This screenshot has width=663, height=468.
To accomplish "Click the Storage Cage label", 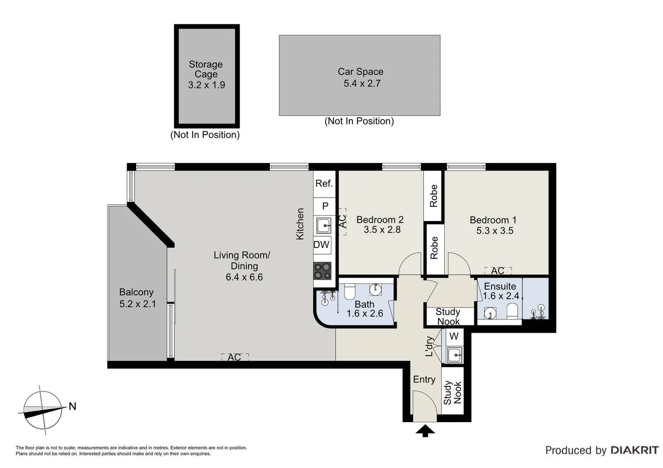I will click(206, 69).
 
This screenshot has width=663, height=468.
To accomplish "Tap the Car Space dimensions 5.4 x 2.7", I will click(362, 84).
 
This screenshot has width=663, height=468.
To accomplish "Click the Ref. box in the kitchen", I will click(324, 184).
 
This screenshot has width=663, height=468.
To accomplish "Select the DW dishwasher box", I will click(322, 245).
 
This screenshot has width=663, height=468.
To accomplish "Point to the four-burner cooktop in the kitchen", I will click(322, 271).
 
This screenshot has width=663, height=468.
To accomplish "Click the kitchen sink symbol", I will click(323, 226).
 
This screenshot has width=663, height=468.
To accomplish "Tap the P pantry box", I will click(325, 206).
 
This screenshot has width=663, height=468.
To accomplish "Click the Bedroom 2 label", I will click(380, 220).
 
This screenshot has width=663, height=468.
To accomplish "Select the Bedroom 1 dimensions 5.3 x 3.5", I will click(495, 231).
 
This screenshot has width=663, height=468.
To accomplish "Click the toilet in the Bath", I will click(350, 292).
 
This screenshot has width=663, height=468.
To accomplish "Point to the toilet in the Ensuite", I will click(512, 311).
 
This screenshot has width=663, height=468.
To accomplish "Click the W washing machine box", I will click(454, 336).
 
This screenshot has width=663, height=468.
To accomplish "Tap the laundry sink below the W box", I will click(455, 355).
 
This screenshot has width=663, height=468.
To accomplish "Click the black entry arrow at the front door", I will click(425, 431).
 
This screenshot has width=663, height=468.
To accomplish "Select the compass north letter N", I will click(72, 406).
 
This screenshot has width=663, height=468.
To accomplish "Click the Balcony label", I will click(136, 292).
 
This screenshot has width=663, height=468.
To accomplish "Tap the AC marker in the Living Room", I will click(235, 357).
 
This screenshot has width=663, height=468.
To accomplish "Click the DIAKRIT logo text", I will click(634, 450).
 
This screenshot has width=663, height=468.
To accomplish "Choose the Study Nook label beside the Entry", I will click(453, 393).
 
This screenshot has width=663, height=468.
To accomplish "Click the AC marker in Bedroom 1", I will click(498, 271).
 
